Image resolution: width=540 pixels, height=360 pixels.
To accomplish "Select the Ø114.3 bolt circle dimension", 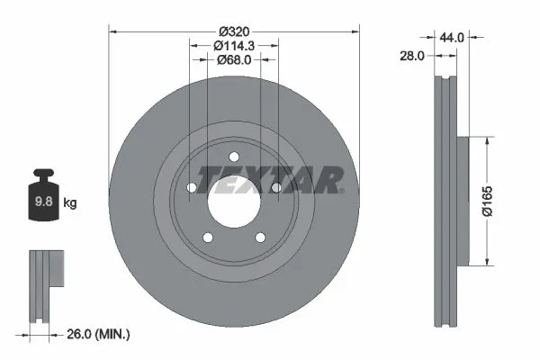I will (x=234, y=43).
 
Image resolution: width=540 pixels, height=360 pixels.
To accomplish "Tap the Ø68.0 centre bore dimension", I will (x=234, y=59).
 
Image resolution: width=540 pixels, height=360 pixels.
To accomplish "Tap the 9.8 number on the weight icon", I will (x=42, y=202).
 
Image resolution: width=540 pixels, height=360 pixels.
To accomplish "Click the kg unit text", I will (x=69, y=202).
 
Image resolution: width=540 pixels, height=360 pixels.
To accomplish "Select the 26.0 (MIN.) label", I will (x=99, y=335).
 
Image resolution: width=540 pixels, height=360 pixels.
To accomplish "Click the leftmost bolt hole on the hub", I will (x=191, y=188).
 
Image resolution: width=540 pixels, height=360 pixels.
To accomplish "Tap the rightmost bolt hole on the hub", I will (x=277, y=188).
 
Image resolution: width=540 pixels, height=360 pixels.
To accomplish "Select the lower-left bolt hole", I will (x=207, y=238).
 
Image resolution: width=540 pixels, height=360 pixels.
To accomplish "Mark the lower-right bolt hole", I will (x=261, y=238).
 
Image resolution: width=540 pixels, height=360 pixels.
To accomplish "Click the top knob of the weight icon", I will (x=42, y=173).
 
